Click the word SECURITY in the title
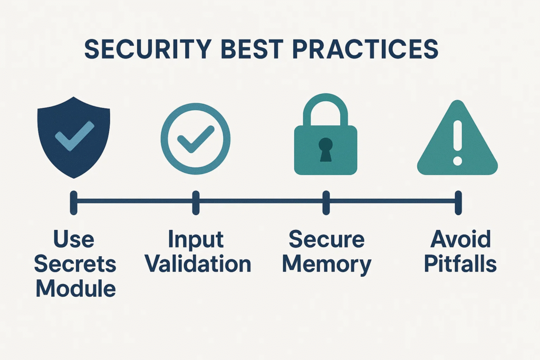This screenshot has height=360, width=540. click(x=148, y=49)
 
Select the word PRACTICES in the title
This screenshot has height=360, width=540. click(x=365, y=49)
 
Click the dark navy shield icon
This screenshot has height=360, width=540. click(x=74, y=138)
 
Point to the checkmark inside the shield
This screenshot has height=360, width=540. click(x=74, y=136)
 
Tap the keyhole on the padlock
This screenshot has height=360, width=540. click(x=325, y=150)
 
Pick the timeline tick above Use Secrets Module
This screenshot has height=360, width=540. click(x=73, y=203)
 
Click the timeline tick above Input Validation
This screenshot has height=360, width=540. click(x=196, y=203)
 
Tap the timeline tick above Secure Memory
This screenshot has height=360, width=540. click(x=326, y=203)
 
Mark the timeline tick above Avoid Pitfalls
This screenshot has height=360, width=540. click(x=458, y=203)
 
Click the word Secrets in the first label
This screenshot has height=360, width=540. click(x=75, y=264)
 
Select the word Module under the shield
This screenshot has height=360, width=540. click(x=76, y=288)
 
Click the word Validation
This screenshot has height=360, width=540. click(x=198, y=264)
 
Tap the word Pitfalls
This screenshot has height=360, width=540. click(x=460, y=264)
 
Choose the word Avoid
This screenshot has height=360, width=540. click(x=460, y=239)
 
